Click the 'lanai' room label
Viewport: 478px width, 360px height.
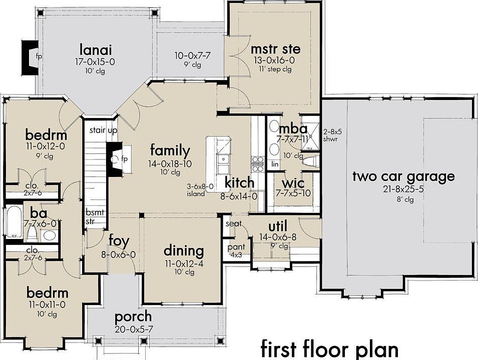96,49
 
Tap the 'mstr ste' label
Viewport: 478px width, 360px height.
275,48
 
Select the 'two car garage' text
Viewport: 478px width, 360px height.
403,176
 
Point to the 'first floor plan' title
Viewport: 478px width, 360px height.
329,348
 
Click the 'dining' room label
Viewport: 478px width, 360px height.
184,250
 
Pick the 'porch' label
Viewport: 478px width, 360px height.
133,317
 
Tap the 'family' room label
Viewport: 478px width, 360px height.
170,151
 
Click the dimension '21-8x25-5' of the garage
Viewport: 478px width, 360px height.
403,189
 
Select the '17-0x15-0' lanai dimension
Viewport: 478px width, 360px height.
95,62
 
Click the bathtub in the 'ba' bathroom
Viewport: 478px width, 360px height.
14,221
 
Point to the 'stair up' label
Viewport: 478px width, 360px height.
103,130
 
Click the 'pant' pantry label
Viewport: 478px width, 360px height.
236,247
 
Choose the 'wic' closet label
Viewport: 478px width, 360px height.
293,183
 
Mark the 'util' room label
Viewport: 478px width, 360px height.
278,226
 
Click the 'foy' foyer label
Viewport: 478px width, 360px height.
119,241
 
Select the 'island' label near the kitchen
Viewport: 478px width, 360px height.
196,193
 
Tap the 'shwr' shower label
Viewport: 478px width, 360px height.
330,139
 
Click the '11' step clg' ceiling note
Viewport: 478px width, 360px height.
275,69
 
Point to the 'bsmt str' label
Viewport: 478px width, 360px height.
95,216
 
